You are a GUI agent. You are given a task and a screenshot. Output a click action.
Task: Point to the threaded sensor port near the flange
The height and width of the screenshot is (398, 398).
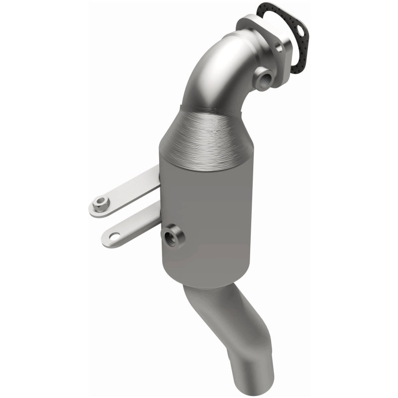click(x=262, y=78)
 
